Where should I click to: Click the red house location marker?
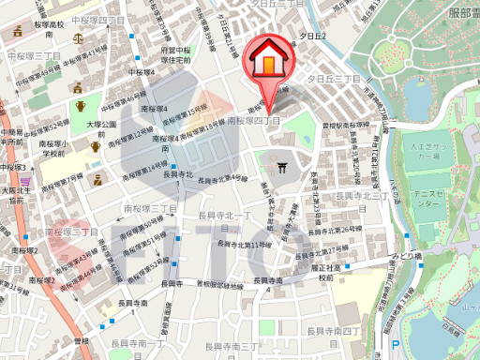[268, 61]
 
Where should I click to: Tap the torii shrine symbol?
[282, 169]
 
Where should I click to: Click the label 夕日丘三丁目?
[335, 80]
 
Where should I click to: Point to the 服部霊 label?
[457, 11]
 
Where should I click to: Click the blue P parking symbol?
[397, 346]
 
